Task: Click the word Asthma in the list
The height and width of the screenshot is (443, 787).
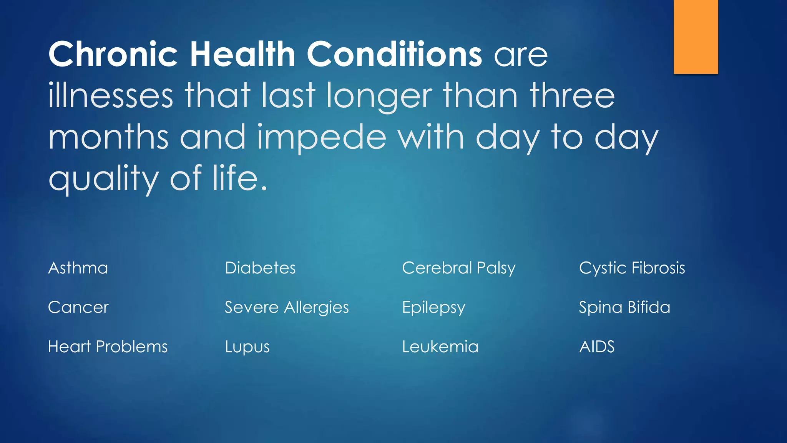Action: [x=78, y=268]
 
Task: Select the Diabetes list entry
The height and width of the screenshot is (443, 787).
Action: [x=260, y=268]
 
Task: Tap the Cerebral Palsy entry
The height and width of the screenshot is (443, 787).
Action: [x=458, y=268]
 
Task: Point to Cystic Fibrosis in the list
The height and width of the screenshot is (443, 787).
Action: [x=632, y=268]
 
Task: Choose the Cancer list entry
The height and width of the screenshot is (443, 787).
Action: [x=78, y=308]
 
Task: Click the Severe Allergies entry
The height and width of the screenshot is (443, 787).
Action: [x=287, y=308]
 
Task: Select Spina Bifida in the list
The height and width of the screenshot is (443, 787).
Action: [x=624, y=308]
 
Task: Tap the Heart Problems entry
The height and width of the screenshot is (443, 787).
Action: [x=108, y=347]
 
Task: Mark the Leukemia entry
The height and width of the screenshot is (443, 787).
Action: [x=440, y=347]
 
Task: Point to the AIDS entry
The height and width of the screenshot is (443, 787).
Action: [x=597, y=347]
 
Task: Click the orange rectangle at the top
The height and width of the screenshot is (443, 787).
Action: [x=696, y=37]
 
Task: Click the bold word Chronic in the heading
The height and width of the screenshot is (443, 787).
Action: [x=113, y=54]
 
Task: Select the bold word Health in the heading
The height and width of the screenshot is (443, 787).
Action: [x=242, y=54]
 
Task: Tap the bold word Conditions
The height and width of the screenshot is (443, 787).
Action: [x=394, y=54]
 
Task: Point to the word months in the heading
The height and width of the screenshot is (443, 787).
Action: [x=108, y=137]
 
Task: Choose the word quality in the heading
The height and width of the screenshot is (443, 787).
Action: [x=103, y=178]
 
